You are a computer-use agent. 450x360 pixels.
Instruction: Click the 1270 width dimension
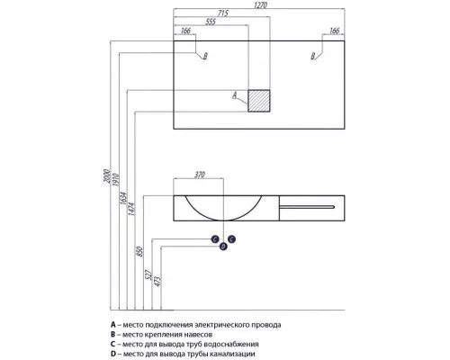260,5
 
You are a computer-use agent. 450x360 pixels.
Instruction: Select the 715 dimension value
222,13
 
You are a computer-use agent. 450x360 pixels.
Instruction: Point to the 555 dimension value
211,22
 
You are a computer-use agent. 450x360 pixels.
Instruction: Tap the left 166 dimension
185,31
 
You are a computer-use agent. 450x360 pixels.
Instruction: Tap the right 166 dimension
334,31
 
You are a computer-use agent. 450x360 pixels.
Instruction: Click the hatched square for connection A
259,101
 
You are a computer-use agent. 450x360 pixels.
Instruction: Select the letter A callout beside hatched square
235,95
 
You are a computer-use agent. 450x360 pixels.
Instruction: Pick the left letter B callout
205,56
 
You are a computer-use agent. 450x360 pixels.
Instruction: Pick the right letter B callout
313,56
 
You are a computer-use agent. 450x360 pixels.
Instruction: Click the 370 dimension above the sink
200,175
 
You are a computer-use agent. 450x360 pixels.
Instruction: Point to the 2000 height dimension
107,176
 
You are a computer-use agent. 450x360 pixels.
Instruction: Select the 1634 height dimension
123,199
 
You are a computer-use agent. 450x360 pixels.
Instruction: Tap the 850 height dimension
139,251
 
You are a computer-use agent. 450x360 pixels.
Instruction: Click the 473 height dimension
157,281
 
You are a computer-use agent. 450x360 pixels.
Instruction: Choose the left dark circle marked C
215,239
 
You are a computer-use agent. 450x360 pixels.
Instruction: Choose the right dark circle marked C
231,239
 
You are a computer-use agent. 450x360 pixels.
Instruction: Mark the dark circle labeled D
223,247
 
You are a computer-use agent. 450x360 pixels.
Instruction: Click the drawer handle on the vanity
307,207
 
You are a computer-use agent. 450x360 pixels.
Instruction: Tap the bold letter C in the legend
113,344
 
